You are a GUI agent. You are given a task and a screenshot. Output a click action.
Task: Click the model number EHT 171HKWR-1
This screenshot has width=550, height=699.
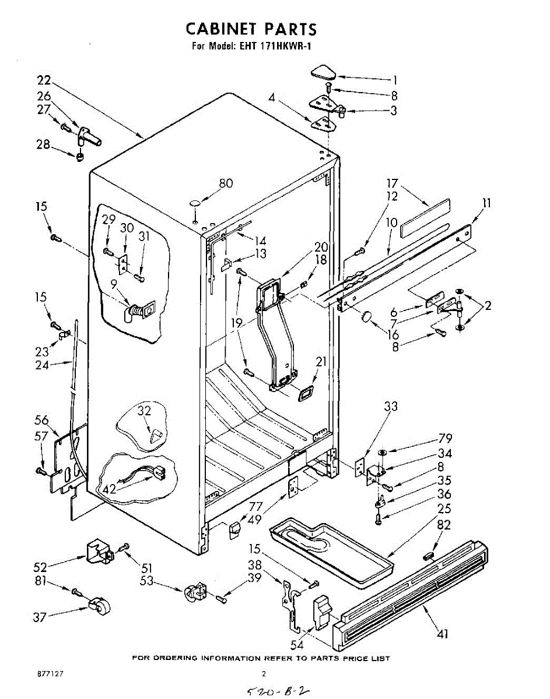(276, 46)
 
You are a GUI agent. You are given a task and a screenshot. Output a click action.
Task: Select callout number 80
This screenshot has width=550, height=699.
(225, 183)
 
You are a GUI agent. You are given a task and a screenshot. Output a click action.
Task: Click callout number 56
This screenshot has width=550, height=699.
(41, 421)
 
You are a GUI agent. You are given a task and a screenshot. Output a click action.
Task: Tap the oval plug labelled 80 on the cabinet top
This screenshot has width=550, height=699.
(195, 203)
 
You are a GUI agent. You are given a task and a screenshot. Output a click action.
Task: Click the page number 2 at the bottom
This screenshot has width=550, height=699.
(264, 673)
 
